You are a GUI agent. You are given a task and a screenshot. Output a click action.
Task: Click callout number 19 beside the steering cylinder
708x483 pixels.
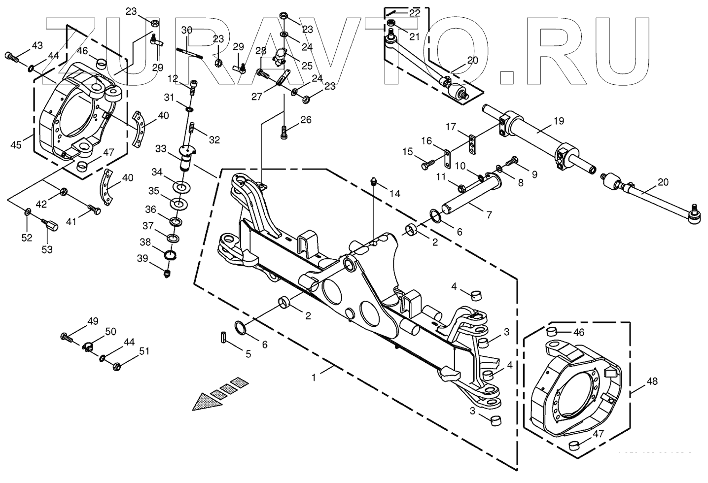[x=559, y=121]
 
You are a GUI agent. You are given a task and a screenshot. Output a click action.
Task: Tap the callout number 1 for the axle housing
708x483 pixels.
[x=315, y=378]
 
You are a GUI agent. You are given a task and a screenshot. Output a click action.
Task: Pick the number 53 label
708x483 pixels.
[x=46, y=249]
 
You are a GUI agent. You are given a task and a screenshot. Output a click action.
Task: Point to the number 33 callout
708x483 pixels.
[x=161, y=148]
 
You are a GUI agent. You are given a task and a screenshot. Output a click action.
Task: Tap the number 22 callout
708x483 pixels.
[x=414, y=13]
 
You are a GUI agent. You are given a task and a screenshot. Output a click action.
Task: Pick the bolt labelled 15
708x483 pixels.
[x=427, y=164]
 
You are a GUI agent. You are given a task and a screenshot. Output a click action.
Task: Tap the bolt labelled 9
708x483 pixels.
[x=513, y=160]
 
